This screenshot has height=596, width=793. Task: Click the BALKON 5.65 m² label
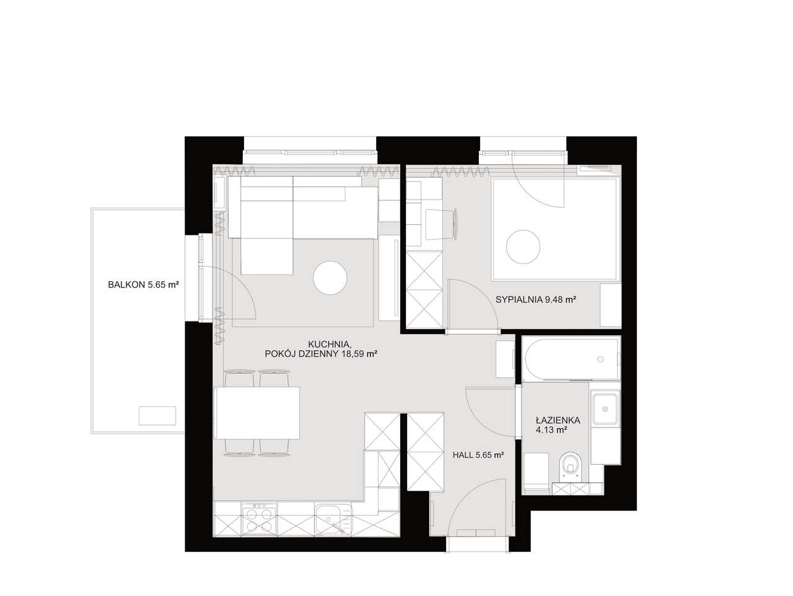pyautogui.click(x=144, y=284)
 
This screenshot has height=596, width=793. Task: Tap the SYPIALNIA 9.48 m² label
pyautogui.click(x=535, y=299)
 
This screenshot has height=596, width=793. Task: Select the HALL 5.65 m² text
pyautogui.click(x=478, y=455)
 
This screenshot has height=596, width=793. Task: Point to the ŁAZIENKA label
pyautogui.click(x=558, y=421)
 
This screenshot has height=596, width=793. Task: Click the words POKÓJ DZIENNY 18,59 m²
pyautogui.click(x=321, y=354)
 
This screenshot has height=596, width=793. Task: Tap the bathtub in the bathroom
pyautogui.click(x=572, y=359)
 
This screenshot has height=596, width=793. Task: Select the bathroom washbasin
pyautogui.click(x=605, y=409)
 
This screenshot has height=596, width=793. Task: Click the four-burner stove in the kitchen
pyautogui.click(x=260, y=520)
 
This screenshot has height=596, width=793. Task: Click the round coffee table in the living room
pyautogui.click(x=330, y=278)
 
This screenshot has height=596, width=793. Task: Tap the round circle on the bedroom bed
pyautogui.click(x=523, y=247)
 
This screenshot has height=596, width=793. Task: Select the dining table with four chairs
pyautogui.click(x=257, y=413)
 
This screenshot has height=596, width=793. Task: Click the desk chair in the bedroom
pyautogui.click(x=442, y=224)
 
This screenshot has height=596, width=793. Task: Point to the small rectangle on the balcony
pyautogui.click(x=157, y=416)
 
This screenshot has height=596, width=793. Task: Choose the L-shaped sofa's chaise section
pyautogui.click(x=266, y=256)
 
